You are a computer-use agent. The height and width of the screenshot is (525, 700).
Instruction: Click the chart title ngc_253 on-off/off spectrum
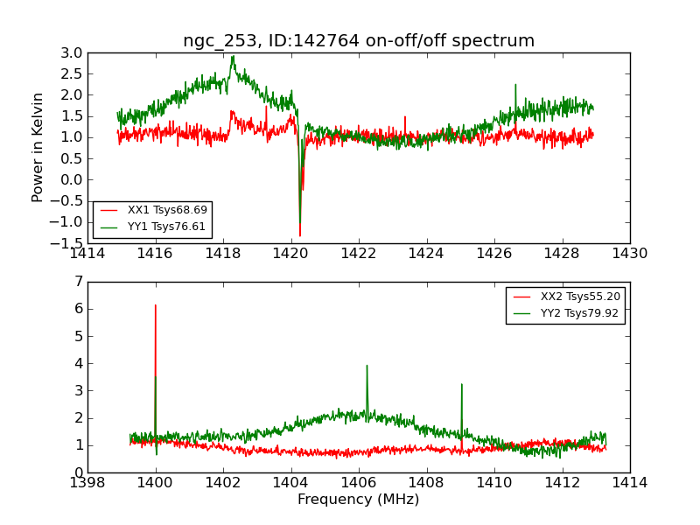click(x=359, y=40)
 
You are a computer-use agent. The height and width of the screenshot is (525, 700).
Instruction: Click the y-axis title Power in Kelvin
click(x=38, y=147)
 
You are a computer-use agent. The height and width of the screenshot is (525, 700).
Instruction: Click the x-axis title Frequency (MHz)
click(x=359, y=500)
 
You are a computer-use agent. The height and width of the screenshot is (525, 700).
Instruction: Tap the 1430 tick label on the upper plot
click(x=629, y=254)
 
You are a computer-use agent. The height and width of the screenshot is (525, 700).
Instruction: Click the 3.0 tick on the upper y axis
click(x=72, y=52)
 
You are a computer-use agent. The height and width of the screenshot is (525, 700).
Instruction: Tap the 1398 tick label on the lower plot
click(x=88, y=482)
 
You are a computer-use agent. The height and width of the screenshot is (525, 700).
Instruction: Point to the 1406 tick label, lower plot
click(x=359, y=482)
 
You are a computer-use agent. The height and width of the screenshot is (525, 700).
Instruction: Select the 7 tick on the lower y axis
click(x=78, y=282)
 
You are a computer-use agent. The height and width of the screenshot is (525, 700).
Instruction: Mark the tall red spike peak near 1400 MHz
click(x=156, y=305)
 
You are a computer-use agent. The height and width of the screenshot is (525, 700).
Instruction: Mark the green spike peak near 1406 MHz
click(x=367, y=366)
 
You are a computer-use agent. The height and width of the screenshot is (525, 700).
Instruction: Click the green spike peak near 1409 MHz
click(x=461, y=384)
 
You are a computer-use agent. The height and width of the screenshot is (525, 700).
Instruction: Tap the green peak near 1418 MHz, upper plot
click(x=233, y=57)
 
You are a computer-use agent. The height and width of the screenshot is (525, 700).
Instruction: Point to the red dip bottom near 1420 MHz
click(x=299, y=235)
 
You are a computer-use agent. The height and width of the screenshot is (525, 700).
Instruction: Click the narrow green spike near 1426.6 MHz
click(x=515, y=85)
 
